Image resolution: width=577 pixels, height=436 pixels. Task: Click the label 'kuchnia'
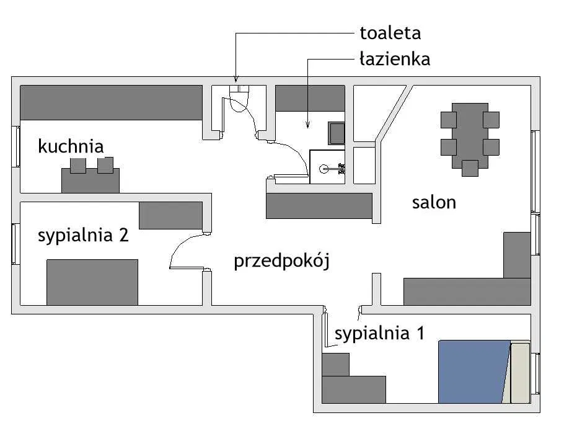(71, 146)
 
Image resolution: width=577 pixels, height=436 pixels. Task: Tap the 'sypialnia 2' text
(83, 236)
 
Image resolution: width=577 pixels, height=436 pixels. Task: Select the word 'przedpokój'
(281, 261)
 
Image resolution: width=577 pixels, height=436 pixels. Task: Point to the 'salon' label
(434, 202)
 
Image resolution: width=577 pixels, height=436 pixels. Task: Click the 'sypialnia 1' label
(379, 334)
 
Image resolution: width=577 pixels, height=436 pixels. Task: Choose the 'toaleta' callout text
(390, 32)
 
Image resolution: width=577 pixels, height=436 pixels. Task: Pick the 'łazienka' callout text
(394, 60)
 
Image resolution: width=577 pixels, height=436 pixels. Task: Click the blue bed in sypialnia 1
(473, 371)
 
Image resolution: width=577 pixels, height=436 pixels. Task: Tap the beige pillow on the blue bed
(519, 371)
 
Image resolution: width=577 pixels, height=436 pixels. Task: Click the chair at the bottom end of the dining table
(470, 168)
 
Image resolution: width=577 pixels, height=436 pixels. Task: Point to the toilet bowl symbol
(239, 100)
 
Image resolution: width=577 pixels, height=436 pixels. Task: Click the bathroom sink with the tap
(328, 167)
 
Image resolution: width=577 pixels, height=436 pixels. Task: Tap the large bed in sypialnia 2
(92, 282)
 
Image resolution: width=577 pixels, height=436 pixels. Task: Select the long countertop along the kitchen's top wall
(112, 102)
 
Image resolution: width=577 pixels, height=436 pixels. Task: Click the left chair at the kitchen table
(78, 165)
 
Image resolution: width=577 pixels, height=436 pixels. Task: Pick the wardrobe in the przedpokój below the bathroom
(319, 205)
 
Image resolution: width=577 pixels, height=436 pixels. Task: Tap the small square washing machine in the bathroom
(337, 133)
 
